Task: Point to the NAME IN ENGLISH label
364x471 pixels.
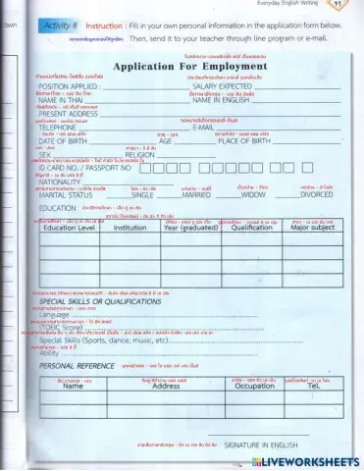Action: pos(227,100)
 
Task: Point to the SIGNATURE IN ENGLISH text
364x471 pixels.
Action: pos(257,444)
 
